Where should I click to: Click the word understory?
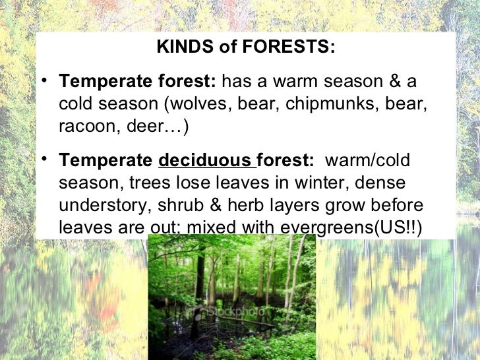tap(105, 205)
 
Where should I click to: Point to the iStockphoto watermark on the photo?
tap(231, 309)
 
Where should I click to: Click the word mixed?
tap(210, 227)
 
